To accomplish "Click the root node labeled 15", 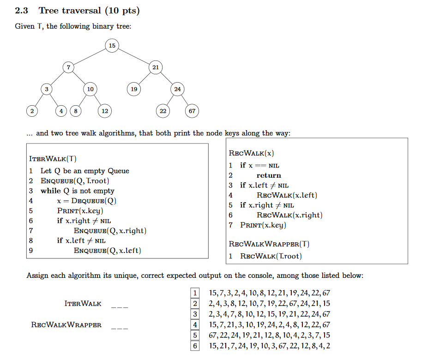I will pyautogui.click(x=112, y=45).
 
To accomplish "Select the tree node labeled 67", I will pyautogui.click(x=192, y=111).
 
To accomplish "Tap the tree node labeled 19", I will pyautogui.click(x=134, y=89).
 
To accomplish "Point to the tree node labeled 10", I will pyautogui.click(x=90, y=89).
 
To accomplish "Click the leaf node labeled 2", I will pyautogui.click(x=32, y=111).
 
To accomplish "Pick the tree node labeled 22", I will pyautogui.click(x=163, y=111).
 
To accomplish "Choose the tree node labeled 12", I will pyautogui.click(x=105, y=111).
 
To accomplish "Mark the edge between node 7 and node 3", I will pyautogui.click(x=57, y=78).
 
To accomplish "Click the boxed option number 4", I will pyautogui.click(x=195, y=325).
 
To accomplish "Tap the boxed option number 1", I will pyautogui.click(x=195, y=293).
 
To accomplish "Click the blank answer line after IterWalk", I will pyautogui.click(x=120, y=306).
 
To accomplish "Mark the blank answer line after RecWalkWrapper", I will pyautogui.click(x=120, y=327).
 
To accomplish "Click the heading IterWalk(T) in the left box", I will pyautogui.click(x=53, y=159).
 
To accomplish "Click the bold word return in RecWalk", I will pyautogui.click(x=269, y=175).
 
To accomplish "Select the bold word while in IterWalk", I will pyautogui.click(x=51, y=191).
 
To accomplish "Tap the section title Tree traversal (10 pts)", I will pyautogui.click(x=89, y=11).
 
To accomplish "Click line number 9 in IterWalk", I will pyautogui.click(x=31, y=251).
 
